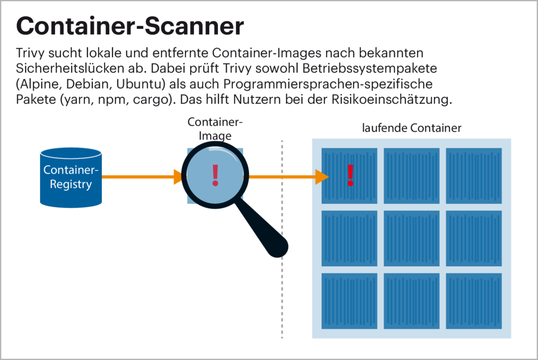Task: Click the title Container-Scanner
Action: pyautogui.click(x=130, y=25)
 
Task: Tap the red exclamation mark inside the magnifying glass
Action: pyautogui.click(x=214, y=175)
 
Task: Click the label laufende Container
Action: pyautogui.click(x=412, y=128)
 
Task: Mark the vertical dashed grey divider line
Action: pyautogui.click(x=282, y=294)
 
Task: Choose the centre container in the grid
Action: pyautogui.click(x=411, y=239)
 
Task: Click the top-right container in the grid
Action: pyautogui.click(x=474, y=176)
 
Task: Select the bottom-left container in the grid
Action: pyautogui.click(x=349, y=301)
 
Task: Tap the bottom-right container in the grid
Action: pyautogui.click(x=474, y=301)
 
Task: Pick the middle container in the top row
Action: pyautogui.click(x=411, y=176)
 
